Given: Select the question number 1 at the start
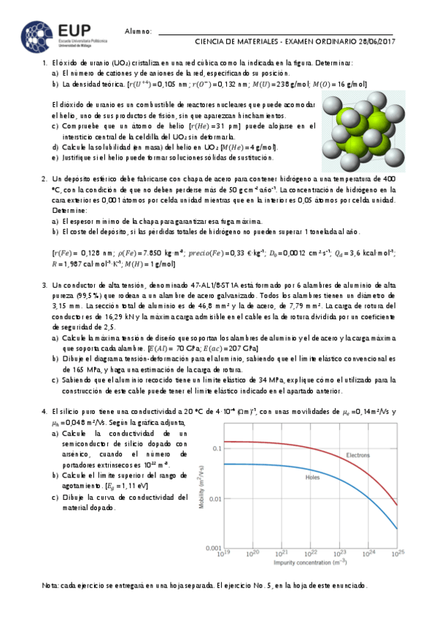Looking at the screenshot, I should pyautogui.click(x=45, y=63).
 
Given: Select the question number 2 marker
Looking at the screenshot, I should pyautogui.click(x=45, y=178).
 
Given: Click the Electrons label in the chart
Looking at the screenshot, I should pyautogui.click(x=357, y=455).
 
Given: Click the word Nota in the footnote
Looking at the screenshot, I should pyautogui.click(x=50, y=586).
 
